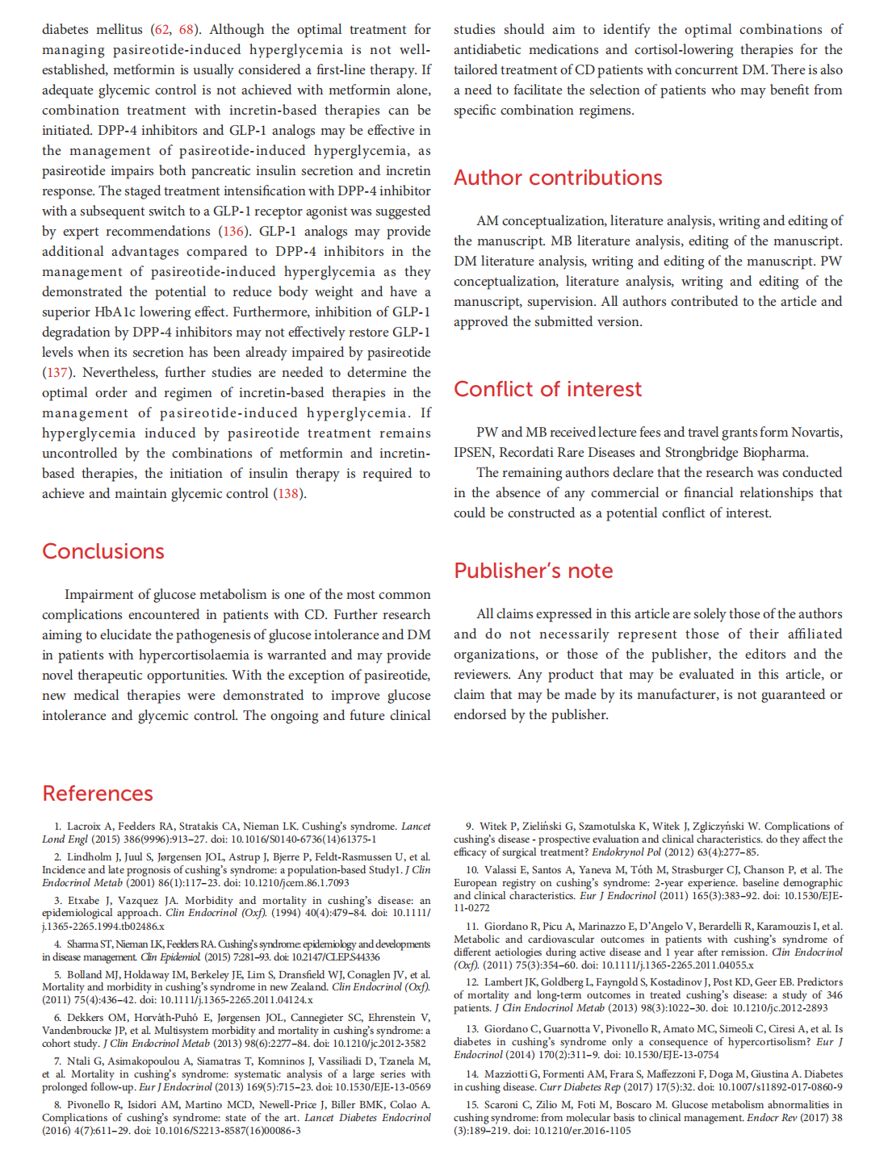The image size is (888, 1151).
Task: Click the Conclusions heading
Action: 103,551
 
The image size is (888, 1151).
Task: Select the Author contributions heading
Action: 558,178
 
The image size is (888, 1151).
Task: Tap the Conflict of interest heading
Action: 547,389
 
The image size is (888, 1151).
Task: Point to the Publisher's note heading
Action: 533,571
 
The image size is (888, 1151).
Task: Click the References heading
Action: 98,793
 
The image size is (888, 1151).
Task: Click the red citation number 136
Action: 232,232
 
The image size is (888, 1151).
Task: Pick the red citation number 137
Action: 56,373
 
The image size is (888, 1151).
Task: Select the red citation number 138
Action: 288,494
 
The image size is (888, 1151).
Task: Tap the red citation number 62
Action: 161,30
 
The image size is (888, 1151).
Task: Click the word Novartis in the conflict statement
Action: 815,433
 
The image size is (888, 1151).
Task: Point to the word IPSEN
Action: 474,453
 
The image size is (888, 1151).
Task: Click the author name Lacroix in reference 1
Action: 84,827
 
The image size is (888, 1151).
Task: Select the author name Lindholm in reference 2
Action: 89,857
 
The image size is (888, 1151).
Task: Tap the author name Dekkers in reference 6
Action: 85,1018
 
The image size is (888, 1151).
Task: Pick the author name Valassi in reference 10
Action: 501,870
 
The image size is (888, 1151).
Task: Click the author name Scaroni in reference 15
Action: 501,1105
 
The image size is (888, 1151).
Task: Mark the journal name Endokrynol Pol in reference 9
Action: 626,852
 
